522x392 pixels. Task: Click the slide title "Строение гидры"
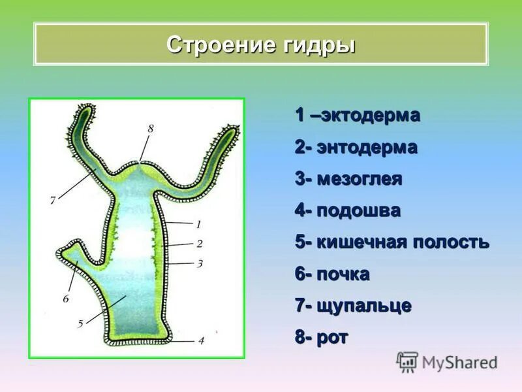tap(260, 45)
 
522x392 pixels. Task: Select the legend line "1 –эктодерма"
tap(357, 116)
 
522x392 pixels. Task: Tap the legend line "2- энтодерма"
tap(356, 148)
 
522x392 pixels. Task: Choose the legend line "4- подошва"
tap(347, 211)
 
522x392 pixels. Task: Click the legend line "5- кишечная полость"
tap(391, 242)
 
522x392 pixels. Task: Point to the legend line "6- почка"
tap(332, 274)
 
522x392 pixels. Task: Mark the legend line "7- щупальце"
tap(352, 306)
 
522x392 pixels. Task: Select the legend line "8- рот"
tap(322, 338)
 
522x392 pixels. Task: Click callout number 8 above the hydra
tap(150, 129)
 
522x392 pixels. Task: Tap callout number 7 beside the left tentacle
tap(53, 201)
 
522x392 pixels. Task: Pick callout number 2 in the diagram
tap(199, 244)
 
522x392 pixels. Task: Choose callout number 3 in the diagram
tap(200, 263)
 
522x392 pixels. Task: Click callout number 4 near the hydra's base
tap(201, 340)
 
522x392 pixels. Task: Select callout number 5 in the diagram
tap(80, 323)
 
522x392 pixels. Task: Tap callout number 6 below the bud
tap(65, 299)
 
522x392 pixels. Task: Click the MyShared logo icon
tap(407, 361)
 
